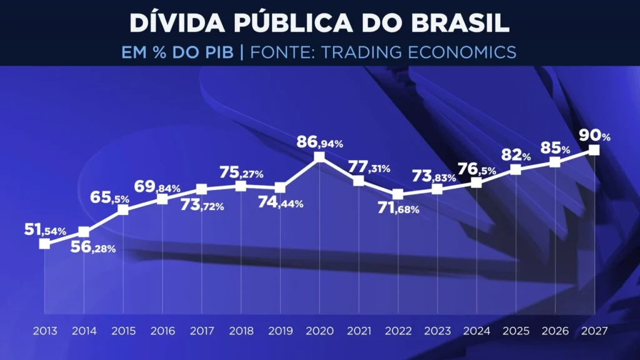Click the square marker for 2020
[x=319, y=157]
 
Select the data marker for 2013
[x=44, y=244]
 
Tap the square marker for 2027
[x=594, y=149]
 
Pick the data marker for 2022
[x=397, y=194]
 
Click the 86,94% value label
[x=319, y=142]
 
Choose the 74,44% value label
[x=280, y=202]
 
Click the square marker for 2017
[x=201, y=189]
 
